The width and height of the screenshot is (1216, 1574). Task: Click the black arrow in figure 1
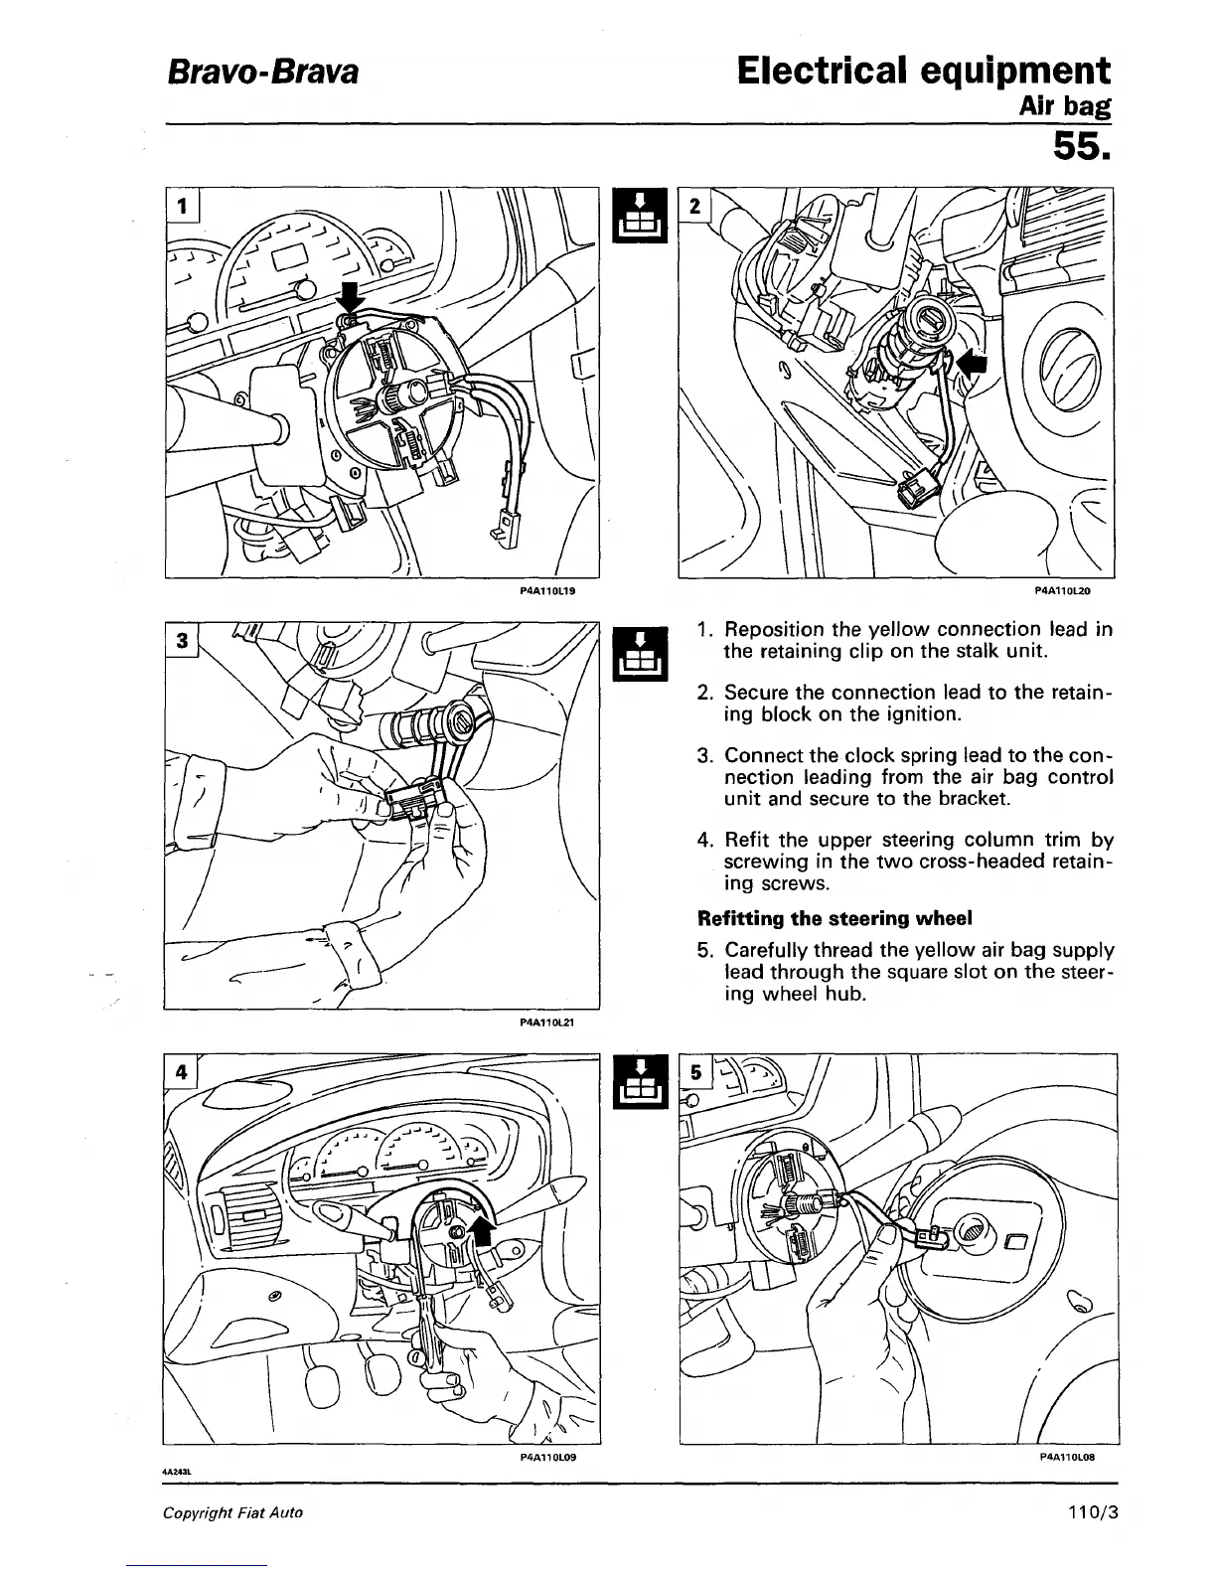click(x=351, y=296)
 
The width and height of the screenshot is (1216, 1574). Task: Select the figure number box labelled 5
click(x=696, y=1071)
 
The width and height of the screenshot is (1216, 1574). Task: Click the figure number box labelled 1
click(x=183, y=206)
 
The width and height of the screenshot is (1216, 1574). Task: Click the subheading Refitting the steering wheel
click(x=835, y=917)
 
